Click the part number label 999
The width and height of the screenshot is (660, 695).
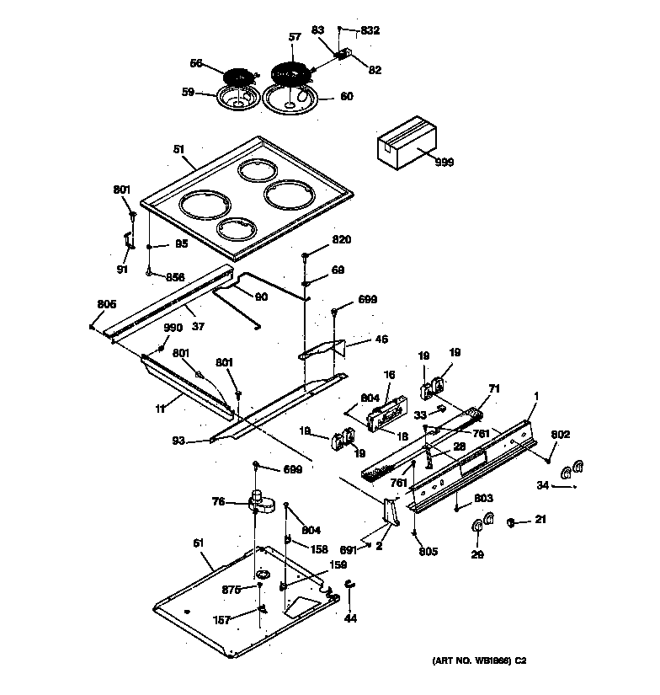[x=444, y=162]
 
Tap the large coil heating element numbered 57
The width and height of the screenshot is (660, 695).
[x=291, y=72]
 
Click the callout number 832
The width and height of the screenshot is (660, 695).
[x=370, y=30]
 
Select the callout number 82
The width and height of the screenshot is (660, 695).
[x=375, y=69]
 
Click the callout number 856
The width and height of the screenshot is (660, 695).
[x=174, y=277]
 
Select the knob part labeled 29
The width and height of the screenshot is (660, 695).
[x=477, y=527]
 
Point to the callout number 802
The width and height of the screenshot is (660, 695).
[x=561, y=434]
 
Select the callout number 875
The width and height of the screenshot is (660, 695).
[x=232, y=590]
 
